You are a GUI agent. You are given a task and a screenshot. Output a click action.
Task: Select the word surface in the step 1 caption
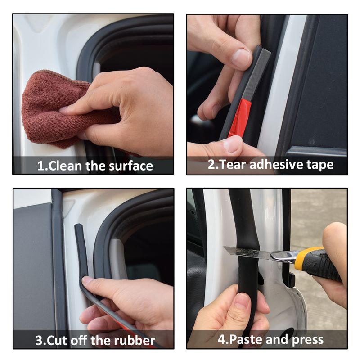coord(130,166)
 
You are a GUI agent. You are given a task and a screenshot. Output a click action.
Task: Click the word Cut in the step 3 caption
coord(57,341)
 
